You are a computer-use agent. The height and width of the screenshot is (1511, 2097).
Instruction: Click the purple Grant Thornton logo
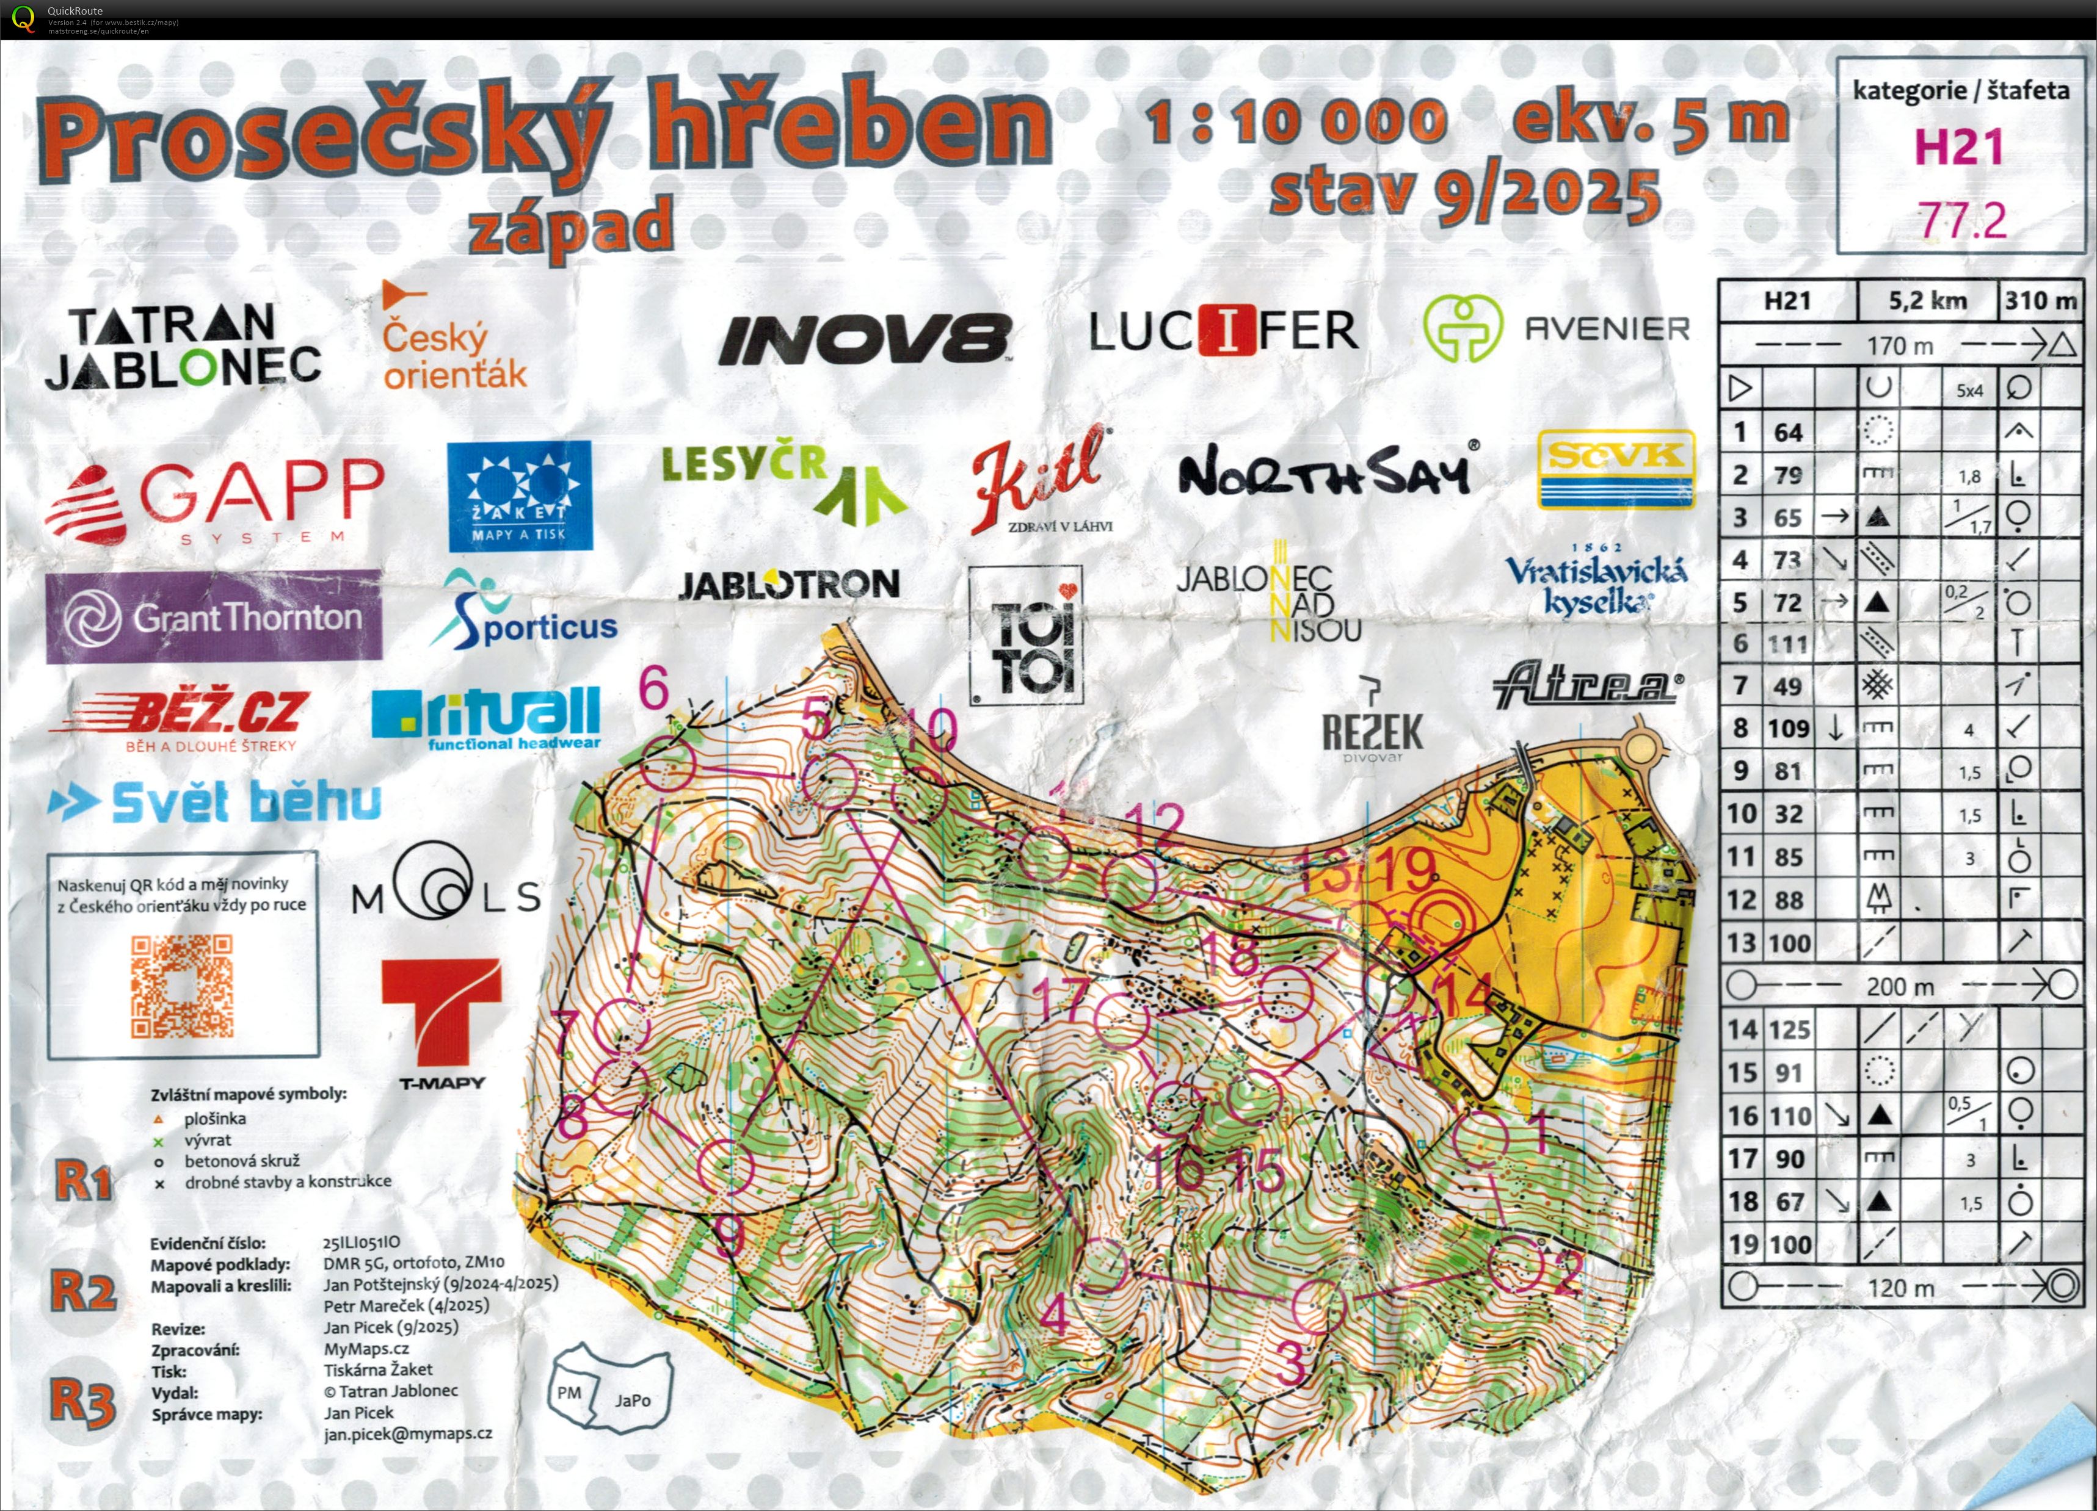(x=214, y=616)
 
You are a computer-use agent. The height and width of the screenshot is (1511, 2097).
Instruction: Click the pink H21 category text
(x=1958, y=147)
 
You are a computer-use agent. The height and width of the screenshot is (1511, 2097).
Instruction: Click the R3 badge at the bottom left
(x=82, y=1402)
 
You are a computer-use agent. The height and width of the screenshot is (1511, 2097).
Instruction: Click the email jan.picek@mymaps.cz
(x=408, y=1433)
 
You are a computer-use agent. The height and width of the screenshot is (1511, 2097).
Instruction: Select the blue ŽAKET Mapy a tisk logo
(x=518, y=496)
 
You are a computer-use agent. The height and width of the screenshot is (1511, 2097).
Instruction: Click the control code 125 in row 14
(x=1787, y=1028)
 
